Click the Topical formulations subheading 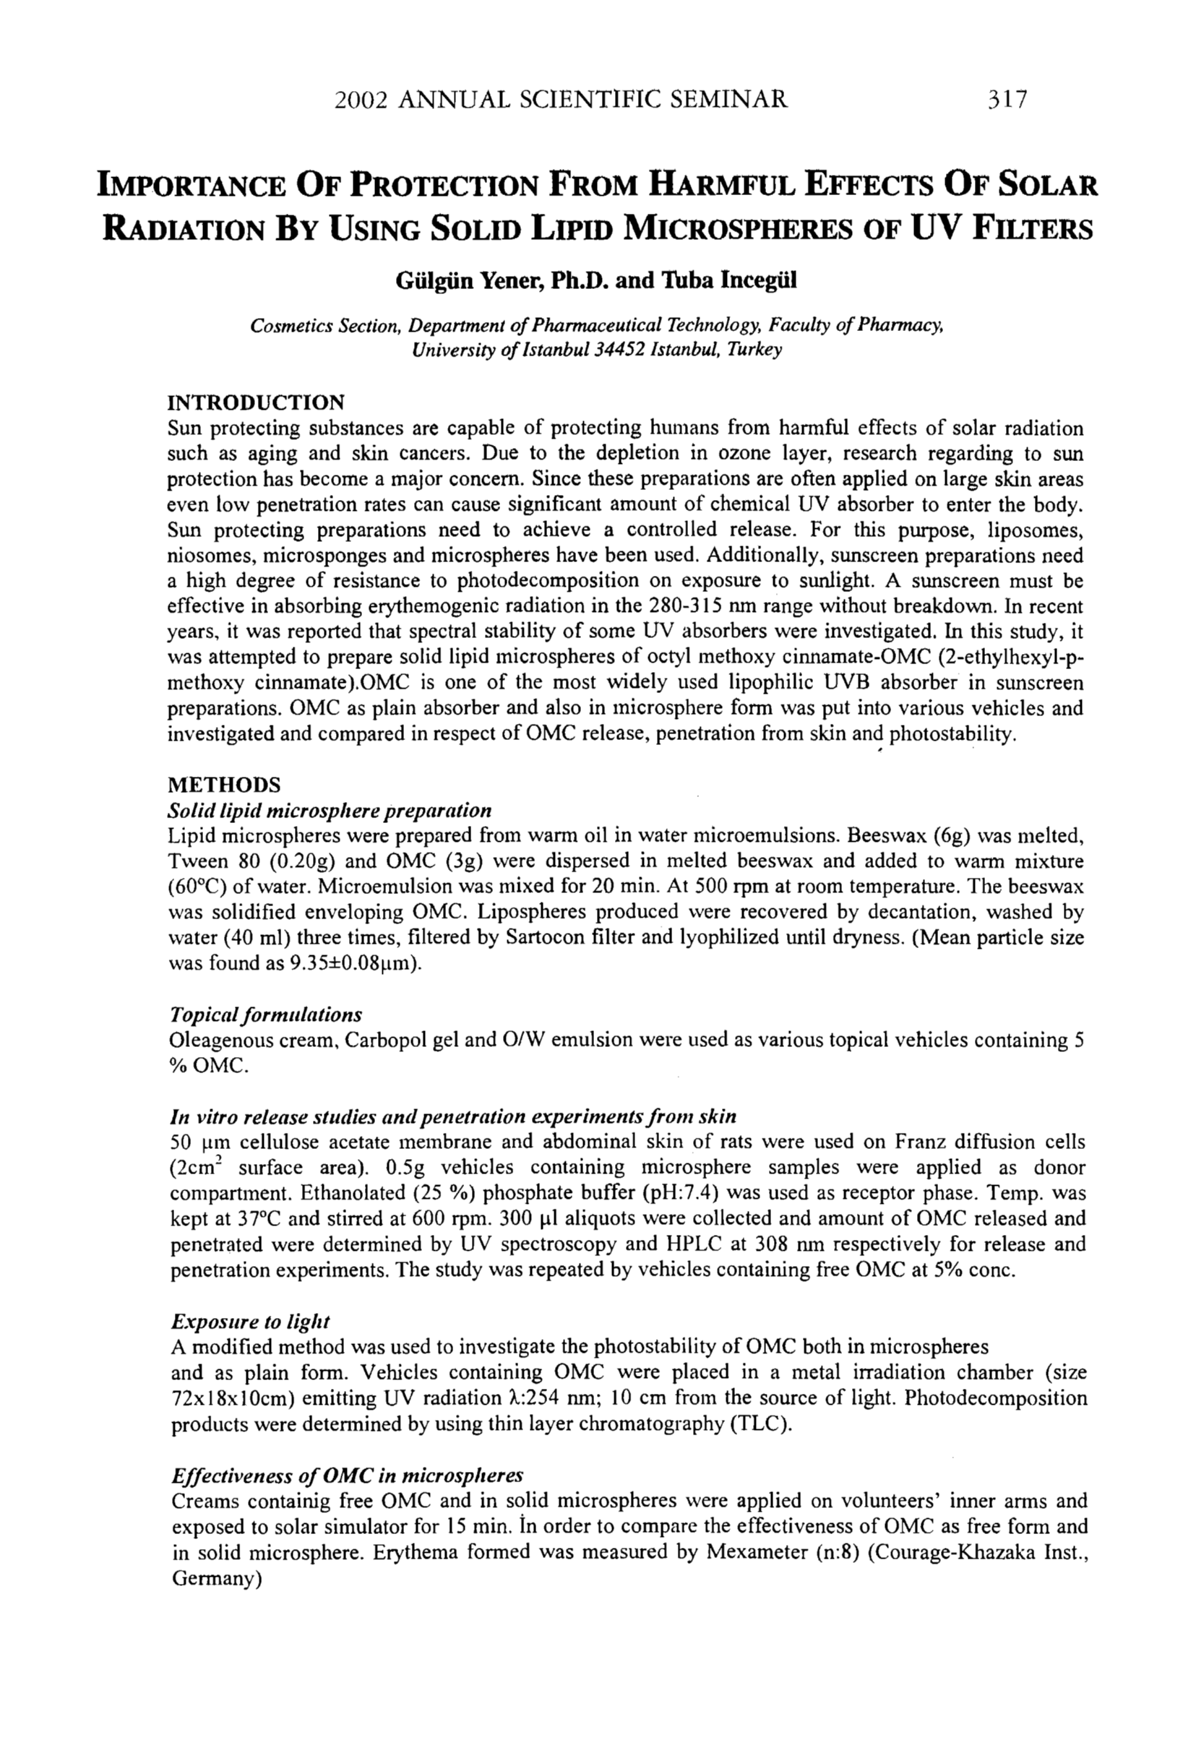[x=266, y=1015]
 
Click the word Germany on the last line [x=211, y=1578]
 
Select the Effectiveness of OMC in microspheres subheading [x=347, y=1476]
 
